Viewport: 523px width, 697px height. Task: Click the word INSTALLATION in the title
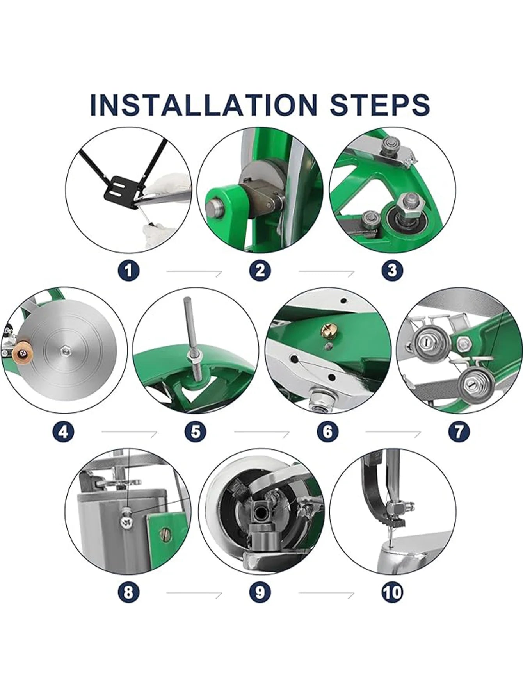click(203, 104)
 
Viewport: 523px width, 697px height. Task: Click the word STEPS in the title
click(380, 104)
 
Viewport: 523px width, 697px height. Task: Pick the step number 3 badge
click(392, 270)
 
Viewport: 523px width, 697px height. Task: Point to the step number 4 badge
click(62, 431)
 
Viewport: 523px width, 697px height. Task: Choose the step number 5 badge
click(195, 431)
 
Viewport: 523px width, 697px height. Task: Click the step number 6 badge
click(327, 431)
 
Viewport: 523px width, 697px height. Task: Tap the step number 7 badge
click(459, 431)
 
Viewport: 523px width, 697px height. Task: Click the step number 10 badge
click(392, 592)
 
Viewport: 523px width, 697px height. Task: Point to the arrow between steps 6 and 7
click(393, 432)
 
